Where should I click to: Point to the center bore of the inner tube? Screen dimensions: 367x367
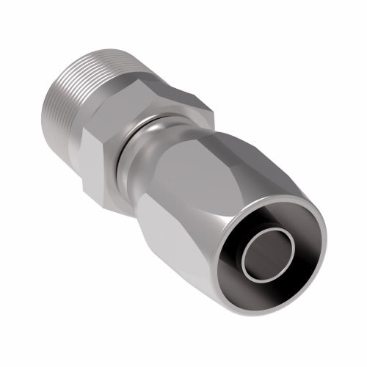point(272,253)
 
